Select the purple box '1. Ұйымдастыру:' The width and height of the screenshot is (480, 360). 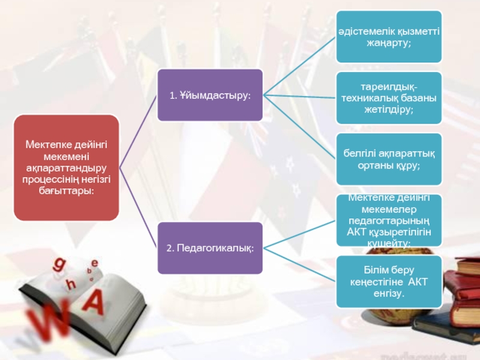[x=209, y=95]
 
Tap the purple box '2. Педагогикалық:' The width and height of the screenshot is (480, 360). [x=209, y=247]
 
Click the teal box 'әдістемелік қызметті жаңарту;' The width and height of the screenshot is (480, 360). [x=388, y=37]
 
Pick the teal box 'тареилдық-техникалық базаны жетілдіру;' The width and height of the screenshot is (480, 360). [x=388, y=98]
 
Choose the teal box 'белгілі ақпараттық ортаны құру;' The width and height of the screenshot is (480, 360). [x=388, y=160]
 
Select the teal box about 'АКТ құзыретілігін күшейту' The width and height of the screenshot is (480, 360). [x=388, y=221]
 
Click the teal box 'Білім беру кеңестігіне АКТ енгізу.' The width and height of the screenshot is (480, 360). [x=388, y=282]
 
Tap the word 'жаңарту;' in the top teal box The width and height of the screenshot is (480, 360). [x=389, y=43]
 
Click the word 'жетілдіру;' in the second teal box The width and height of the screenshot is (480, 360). [x=389, y=110]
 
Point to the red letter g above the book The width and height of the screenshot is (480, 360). [x=60, y=264]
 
